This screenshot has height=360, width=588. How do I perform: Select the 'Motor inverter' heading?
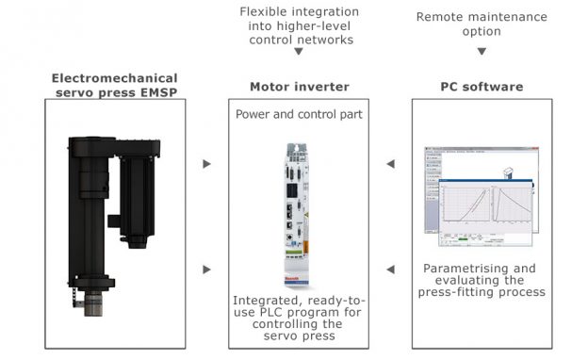tap(299, 87)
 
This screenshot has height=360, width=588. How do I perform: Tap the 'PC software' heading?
tap(482, 87)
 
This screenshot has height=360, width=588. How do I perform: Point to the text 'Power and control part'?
tap(299, 114)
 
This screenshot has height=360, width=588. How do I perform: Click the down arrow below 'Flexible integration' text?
tap(299, 52)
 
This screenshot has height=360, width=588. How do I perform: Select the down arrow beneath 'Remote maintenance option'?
tap(482, 52)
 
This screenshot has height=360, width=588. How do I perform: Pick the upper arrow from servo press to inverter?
tap(207, 164)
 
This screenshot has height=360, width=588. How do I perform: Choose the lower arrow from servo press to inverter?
tap(207, 270)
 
